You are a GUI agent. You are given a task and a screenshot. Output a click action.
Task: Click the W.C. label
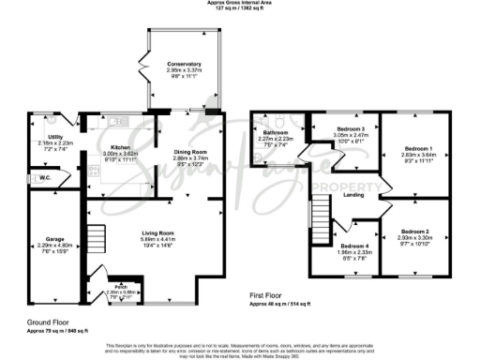click(x=44, y=175)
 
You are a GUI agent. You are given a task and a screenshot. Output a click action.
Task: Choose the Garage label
click(x=41, y=238)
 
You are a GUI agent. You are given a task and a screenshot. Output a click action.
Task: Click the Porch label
click(x=121, y=286)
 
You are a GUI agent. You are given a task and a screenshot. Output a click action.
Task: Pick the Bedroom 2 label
click(x=414, y=231)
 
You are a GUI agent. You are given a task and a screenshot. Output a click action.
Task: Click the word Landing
click(x=354, y=195)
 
